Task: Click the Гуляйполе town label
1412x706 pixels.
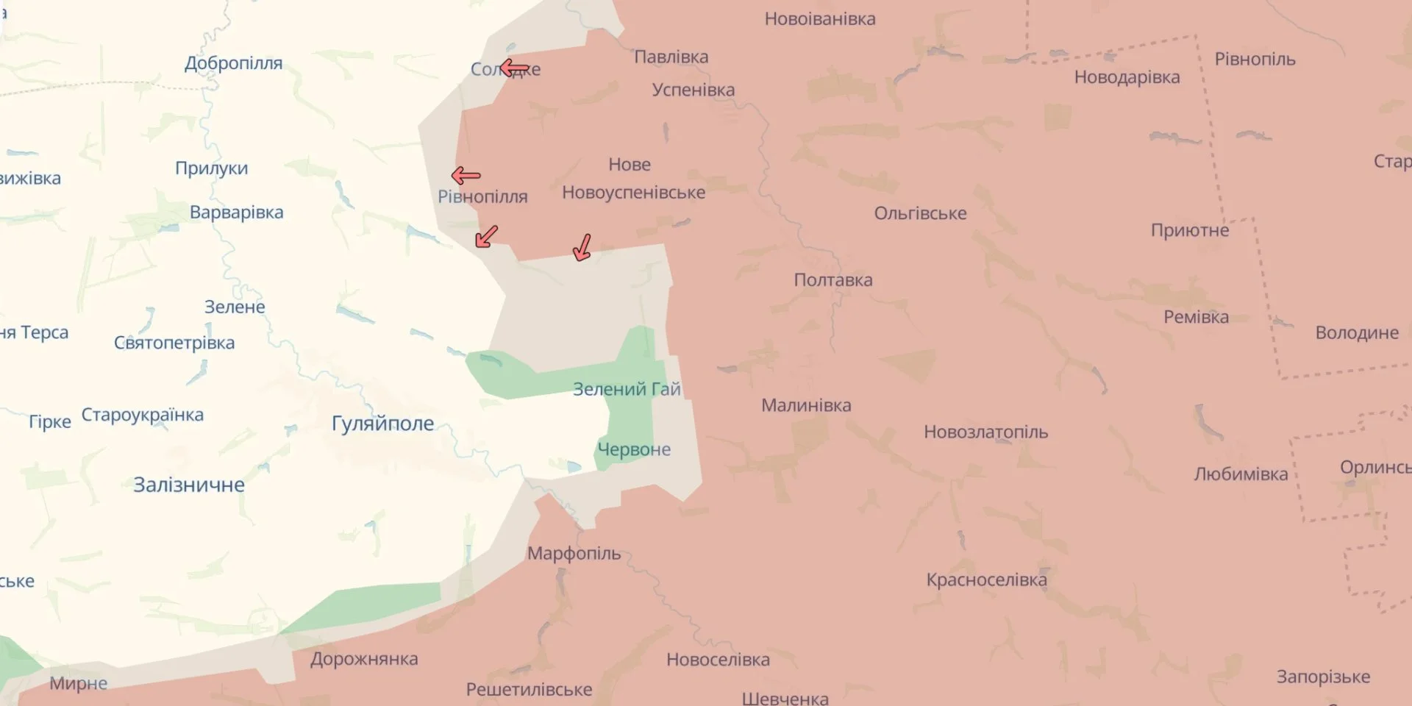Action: (382, 424)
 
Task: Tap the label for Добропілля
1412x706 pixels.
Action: (233, 63)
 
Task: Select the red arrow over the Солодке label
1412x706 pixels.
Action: (514, 68)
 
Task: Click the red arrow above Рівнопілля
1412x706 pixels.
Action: (466, 176)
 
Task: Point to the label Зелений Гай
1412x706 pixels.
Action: (627, 389)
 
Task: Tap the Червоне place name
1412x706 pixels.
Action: (633, 449)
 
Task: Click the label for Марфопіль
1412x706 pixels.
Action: (574, 553)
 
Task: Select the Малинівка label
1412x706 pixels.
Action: (806, 405)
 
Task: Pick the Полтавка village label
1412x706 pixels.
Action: (832, 280)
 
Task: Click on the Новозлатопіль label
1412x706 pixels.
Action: (985, 432)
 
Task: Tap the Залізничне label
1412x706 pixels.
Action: (189, 485)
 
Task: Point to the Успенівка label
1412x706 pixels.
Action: (693, 90)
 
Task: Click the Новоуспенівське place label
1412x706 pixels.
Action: (633, 193)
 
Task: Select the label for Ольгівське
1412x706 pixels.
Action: (920, 213)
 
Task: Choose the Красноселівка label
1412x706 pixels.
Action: (986, 580)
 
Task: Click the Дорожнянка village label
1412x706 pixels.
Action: (364, 659)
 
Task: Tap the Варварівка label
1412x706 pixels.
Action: (236, 213)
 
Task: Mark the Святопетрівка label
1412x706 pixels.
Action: (174, 343)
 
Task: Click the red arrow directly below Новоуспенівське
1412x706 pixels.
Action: (582, 248)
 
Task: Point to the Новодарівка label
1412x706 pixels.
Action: (1127, 77)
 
